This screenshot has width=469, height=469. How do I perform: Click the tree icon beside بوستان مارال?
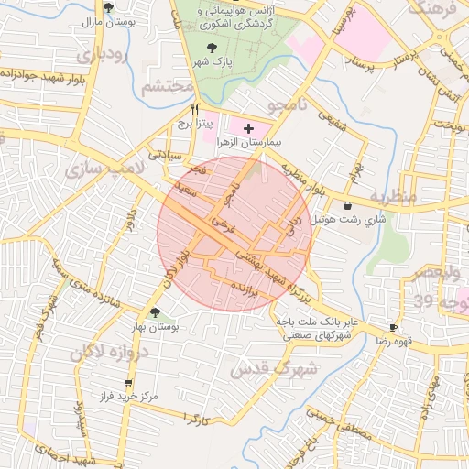[x=108, y=7]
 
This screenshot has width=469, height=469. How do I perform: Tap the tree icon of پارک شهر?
[x=213, y=47]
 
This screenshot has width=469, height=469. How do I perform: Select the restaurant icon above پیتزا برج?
[x=194, y=109]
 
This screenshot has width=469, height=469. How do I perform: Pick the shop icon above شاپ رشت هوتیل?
[x=348, y=206]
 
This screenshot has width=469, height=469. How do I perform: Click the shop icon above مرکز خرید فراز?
[x=127, y=383]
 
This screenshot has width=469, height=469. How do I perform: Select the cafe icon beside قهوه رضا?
[x=393, y=327]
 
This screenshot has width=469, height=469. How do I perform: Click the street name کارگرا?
[x=198, y=419]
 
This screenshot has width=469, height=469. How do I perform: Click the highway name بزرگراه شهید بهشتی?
[x=275, y=276]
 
